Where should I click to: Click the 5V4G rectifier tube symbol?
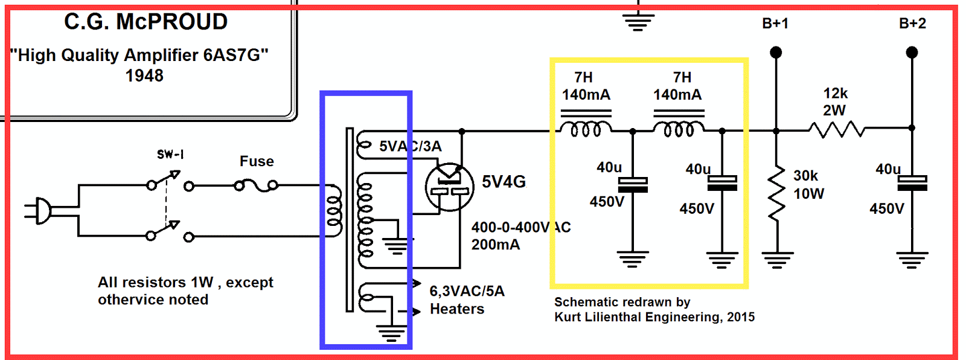449,187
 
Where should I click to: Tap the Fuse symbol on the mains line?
257,185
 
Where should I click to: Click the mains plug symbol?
40,211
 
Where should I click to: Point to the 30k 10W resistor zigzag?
776,193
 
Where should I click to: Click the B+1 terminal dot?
776,53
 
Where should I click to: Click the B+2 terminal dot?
912,53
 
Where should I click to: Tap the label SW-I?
170,155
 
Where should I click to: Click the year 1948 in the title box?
144,76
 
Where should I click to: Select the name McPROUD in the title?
172,22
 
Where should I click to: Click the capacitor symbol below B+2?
912,183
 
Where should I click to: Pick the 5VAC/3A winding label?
410,146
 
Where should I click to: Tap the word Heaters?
457,309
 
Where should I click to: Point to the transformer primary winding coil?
334,207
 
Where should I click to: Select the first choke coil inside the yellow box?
585,129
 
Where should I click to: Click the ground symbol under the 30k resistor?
776,260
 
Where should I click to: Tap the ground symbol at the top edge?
639,22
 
